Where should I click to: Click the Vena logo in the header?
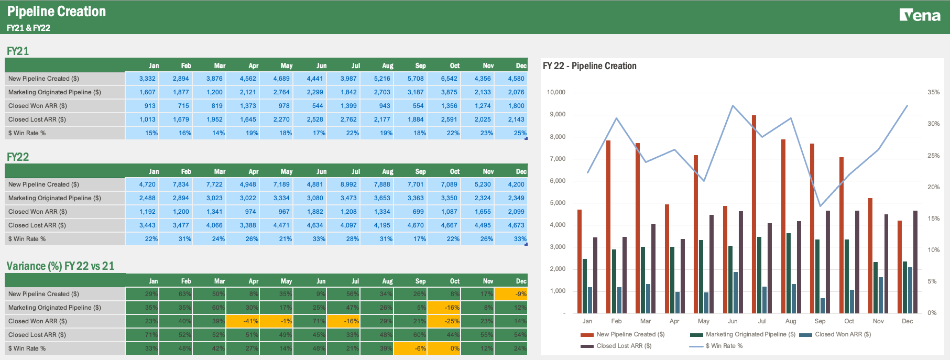pos(920,15)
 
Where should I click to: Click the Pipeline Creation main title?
pos(57,12)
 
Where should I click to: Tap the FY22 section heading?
pos(18,157)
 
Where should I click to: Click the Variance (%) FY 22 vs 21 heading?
pos(60,266)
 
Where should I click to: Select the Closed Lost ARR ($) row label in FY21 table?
pos(37,119)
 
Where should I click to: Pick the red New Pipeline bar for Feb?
pos(608,225)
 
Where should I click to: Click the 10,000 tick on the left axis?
pos(556,92)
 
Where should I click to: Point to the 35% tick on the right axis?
pos(933,92)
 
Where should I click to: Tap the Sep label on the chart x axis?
pos(820,321)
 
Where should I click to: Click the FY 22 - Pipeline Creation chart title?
pos(589,66)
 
